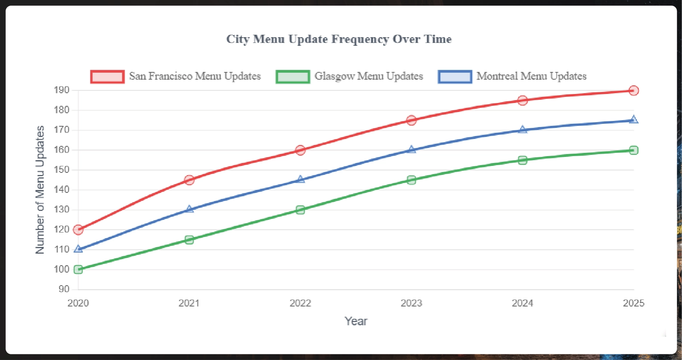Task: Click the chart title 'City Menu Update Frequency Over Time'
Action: (x=339, y=39)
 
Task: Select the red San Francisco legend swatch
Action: (x=107, y=76)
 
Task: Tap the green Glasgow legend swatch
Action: (x=292, y=76)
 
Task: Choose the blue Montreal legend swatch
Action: (x=455, y=76)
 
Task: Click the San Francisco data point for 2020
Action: (x=78, y=230)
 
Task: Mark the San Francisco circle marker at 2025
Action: (x=633, y=90)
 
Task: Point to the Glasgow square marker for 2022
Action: (x=300, y=210)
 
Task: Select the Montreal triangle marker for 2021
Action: (x=189, y=209)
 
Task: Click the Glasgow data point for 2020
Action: (x=78, y=270)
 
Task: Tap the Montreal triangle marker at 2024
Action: (x=522, y=130)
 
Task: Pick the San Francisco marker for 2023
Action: (x=411, y=120)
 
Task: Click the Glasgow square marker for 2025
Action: (x=633, y=150)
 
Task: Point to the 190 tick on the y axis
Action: (x=62, y=90)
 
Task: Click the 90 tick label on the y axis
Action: (x=64, y=289)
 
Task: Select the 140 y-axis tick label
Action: (x=62, y=190)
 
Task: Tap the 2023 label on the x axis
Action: (x=411, y=303)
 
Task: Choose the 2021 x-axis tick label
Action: (x=189, y=303)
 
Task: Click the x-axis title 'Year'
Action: (x=356, y=321)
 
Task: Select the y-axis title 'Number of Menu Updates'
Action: (x=40, y=190)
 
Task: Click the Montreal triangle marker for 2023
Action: (x=411, y=150)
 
